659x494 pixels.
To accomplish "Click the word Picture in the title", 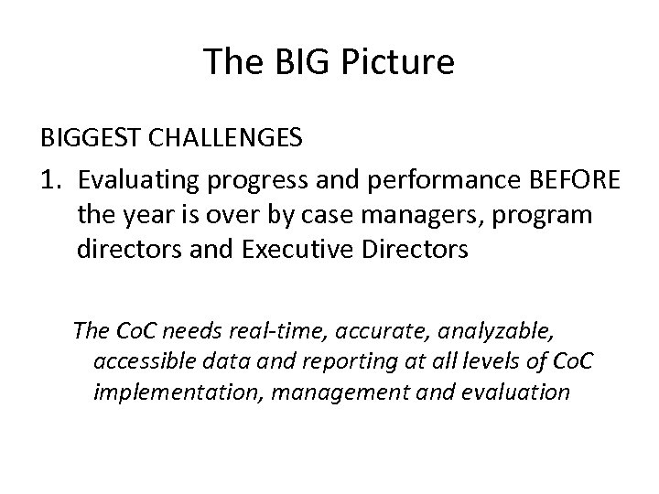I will point(400,61).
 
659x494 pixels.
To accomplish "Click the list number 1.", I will point(49,177).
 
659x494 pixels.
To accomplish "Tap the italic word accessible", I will point(138,360).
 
